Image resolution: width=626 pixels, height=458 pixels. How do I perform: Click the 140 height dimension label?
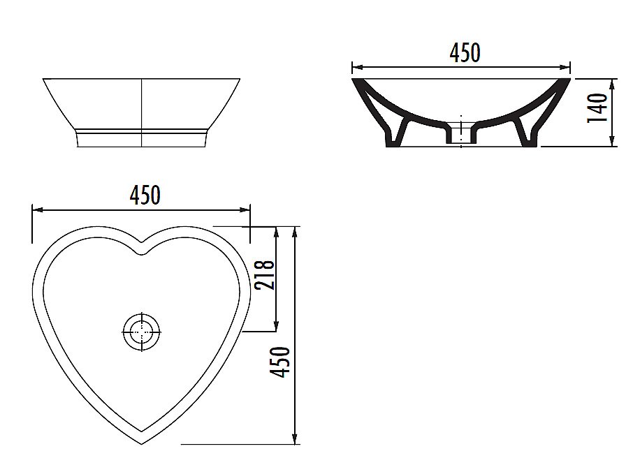coord(597,108)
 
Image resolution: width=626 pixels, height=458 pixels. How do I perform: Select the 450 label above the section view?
coord(465,53)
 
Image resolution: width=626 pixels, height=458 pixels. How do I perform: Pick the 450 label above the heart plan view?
coord(145,195)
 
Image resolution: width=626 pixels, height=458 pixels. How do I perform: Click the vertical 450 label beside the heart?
coord(281,362)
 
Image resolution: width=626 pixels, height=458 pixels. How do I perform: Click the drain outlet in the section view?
coord(460,133)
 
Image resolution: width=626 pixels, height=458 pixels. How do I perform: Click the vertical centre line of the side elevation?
coord(142,112)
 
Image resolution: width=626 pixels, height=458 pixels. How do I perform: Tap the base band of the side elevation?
coord(142,138)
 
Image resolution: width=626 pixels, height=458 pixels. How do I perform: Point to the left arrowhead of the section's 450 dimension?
coord(354,68)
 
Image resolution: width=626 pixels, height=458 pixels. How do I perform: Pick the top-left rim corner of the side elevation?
coord(44,79)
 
